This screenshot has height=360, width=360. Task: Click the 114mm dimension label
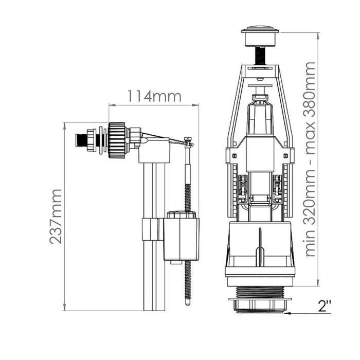[154, 96]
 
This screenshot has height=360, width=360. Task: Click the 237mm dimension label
[56, 217]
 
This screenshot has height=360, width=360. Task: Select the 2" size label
[325, 306]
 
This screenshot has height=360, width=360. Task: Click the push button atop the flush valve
[260, 37]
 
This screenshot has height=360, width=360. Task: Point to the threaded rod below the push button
[260, 56]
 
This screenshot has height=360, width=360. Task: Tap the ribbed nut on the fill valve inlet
[117, 140]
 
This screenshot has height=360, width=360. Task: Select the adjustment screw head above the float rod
[188, 139]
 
